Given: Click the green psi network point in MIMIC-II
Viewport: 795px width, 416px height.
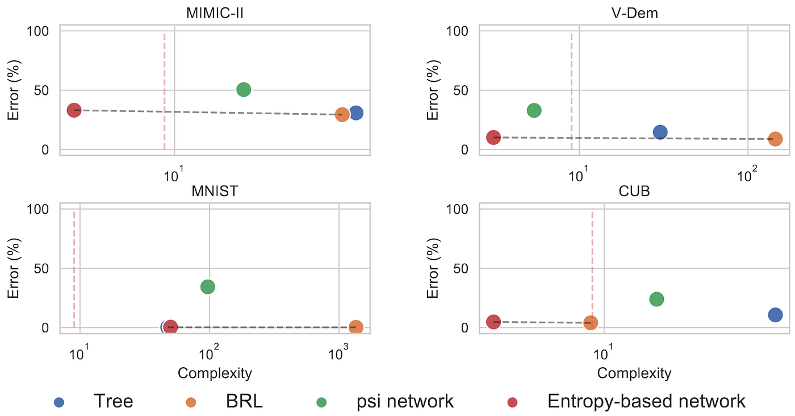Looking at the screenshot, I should [x=244, y=89].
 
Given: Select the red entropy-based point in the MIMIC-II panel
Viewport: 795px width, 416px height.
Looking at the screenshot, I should [x=74, y=110].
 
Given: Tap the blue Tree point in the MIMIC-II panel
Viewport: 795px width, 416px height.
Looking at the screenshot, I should [x=356, y=113].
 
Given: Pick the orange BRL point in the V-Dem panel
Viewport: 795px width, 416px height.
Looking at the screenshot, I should [x=775, y=139].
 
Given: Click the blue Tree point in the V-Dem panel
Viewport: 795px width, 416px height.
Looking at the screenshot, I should [x=660, y=132].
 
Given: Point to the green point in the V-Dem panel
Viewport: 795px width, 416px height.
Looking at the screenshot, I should [x=534, y=110].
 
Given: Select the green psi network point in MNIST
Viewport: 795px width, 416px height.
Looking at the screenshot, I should [x=208, y=286].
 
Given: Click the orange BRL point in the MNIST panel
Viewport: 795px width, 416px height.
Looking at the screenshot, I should [x=356, y=327].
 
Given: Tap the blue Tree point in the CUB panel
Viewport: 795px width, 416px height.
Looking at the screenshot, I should [x=775, y=315].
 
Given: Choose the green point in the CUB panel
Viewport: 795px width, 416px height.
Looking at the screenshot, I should [x=656, y=299].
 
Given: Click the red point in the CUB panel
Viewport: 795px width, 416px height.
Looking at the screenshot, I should [x=493, y=322].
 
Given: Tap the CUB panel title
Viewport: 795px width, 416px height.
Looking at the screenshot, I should [x=634, y=191].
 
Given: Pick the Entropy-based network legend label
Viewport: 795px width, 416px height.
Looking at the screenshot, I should [x=646, y=401].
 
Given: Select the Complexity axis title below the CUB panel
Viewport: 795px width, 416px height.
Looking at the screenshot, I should [x=634, y=373].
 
